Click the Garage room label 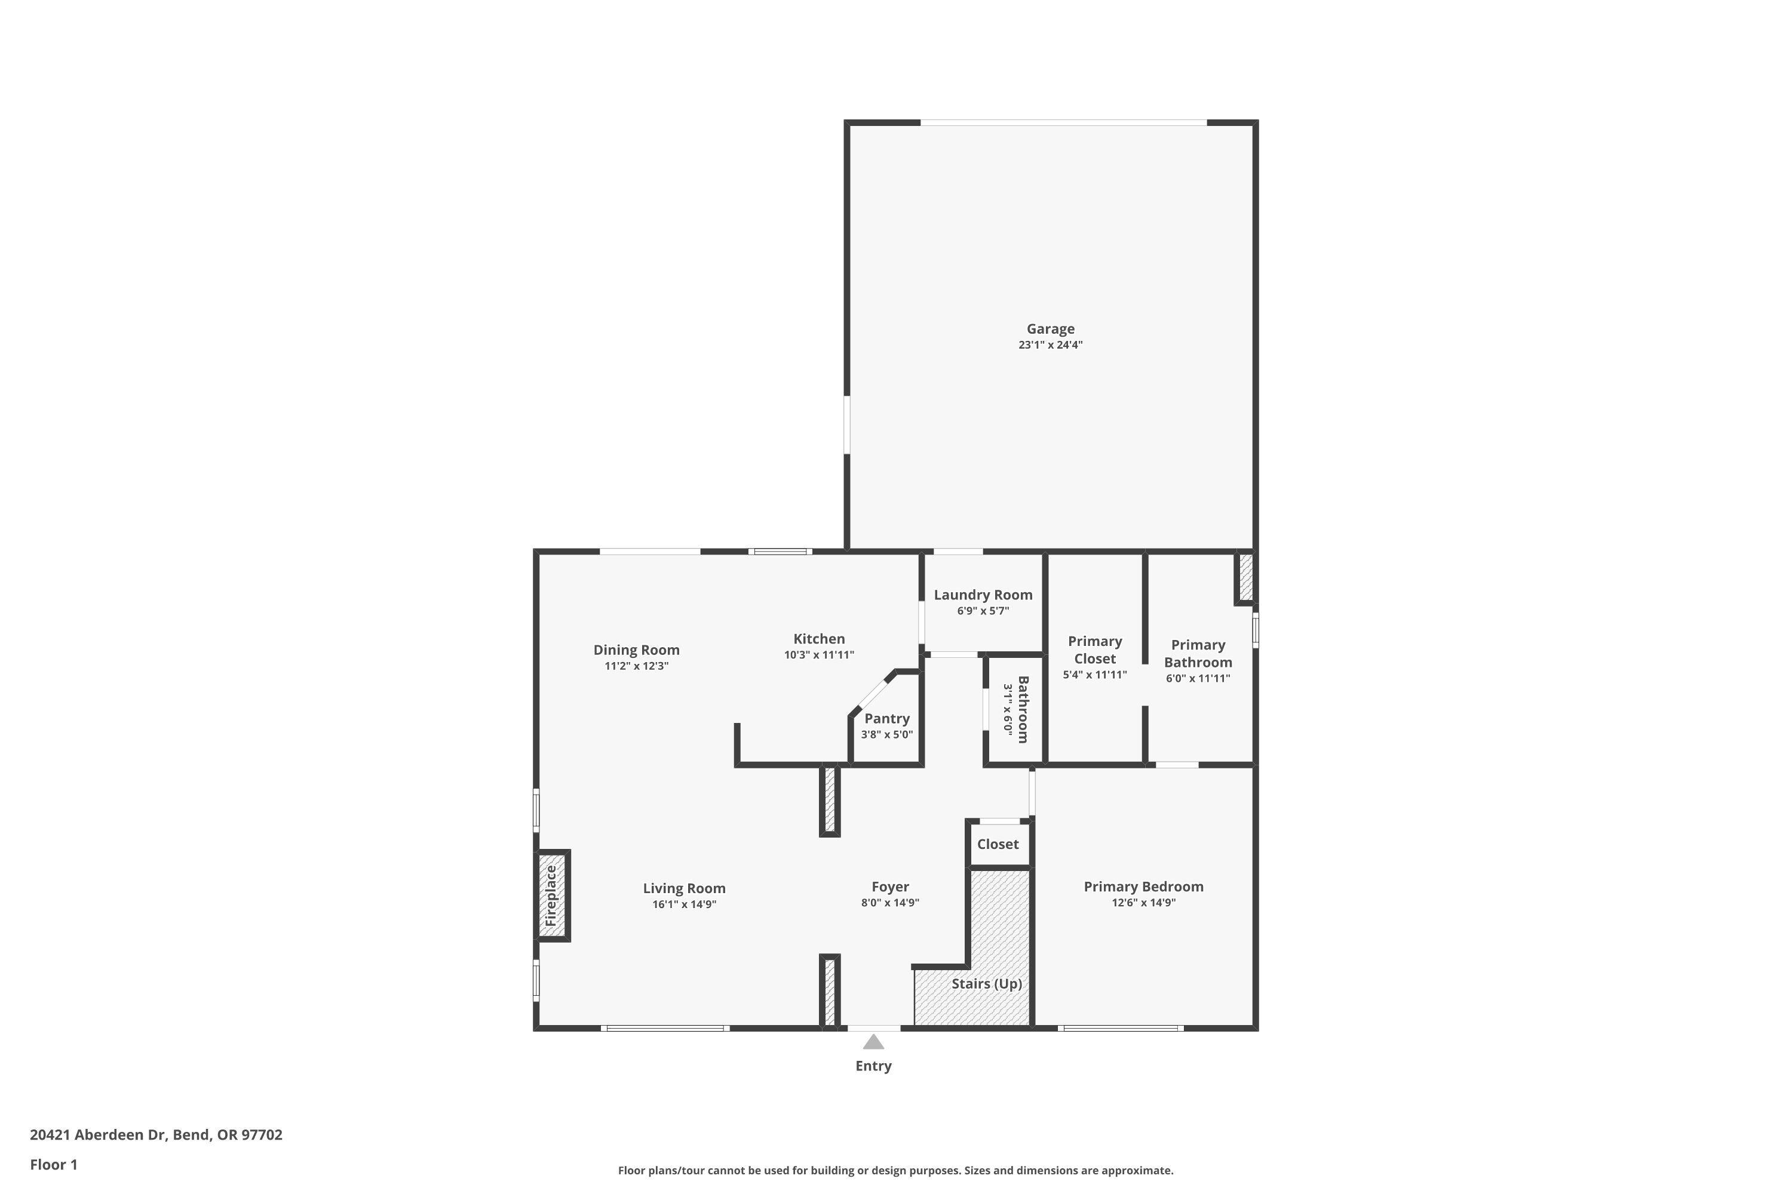click(x=1050, y=329)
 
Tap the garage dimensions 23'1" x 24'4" click(x=1050, y=345)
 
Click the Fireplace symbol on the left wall click(x=551, y=895)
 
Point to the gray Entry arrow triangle click(x=873, y=1042)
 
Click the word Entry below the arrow click(x=873, y=1066)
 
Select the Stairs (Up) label click(x=986, y=983)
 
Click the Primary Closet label click(x=1094, y=650)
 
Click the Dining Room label click(x=636, y=650)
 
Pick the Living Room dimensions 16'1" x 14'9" click(x=683, y=904)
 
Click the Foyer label click(x=890, y=887)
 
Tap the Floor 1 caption click(x=53, y=1164)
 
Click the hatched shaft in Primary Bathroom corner click(x=1245, y=577)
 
